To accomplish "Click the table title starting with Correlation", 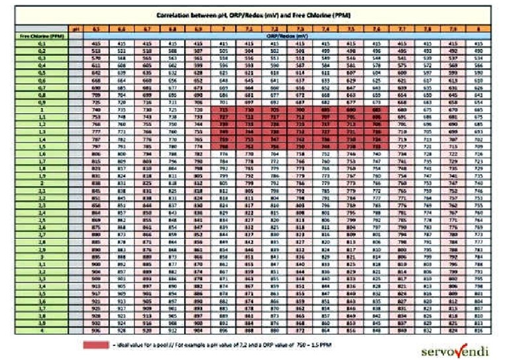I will (x=254, y=15).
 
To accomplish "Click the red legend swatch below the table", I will (x=97, y=345).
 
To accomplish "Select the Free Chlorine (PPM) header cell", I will (x=42, y=35).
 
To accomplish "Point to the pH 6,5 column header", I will (x=96, y=29).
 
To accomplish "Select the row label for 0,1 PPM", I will (x=42, y=42).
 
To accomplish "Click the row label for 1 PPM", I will (x=42, y=110).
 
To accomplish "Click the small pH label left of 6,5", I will (x=76, y=29).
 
